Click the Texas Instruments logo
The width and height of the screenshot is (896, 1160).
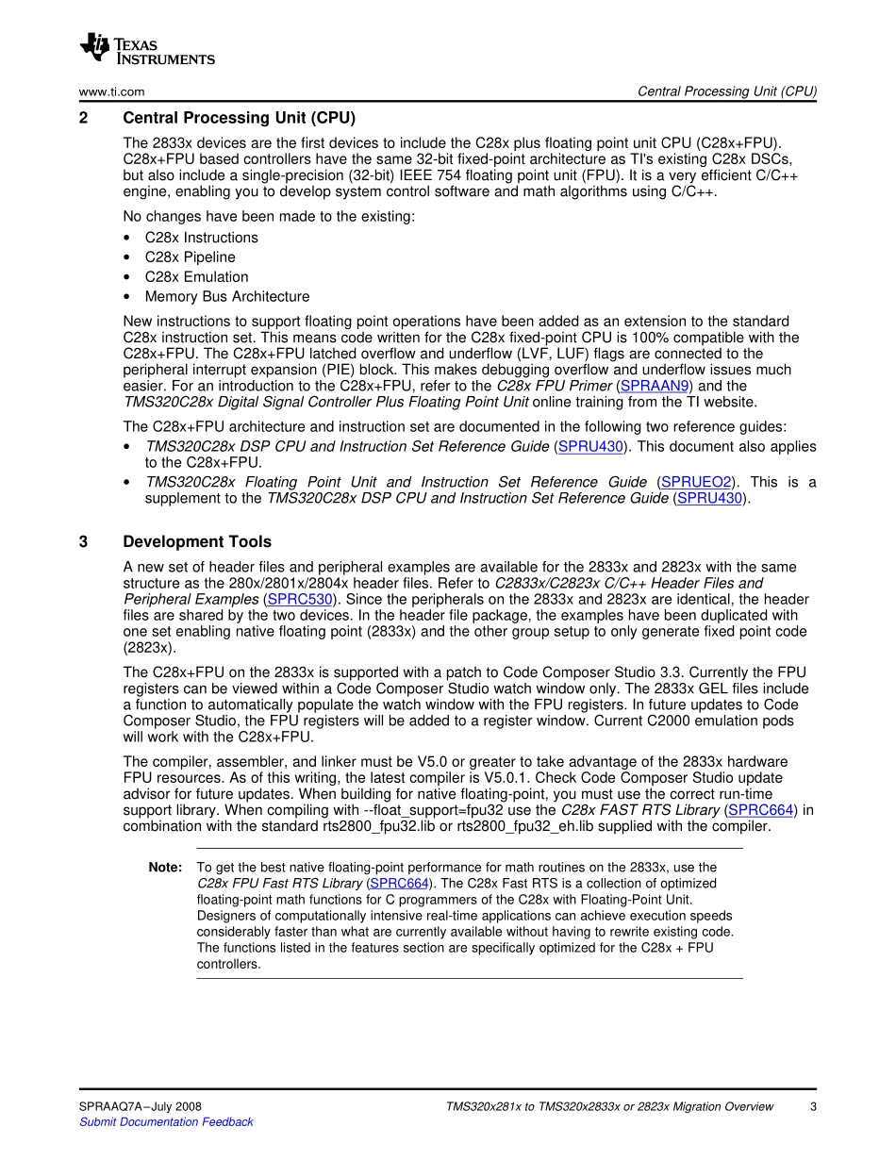click(147, 49)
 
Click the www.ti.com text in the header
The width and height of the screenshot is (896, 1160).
click(111, 91)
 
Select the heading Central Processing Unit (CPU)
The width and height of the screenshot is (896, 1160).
click(240, 118)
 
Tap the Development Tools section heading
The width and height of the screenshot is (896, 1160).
click(197, 541)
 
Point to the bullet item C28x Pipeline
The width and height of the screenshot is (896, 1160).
click(190, 257)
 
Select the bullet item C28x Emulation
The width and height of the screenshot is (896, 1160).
click(196, 277)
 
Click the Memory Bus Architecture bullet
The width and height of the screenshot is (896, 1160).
click(226, 297)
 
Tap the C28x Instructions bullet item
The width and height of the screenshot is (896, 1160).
click(201, 238)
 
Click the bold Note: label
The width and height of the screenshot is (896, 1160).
click(165, 867)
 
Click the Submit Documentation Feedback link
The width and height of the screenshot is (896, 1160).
click(166, 1122)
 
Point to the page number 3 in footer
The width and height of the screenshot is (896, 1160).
click(812, 1106)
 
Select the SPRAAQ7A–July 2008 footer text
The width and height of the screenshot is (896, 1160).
click(140, 1106)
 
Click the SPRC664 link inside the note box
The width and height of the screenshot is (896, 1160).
click(399, 884)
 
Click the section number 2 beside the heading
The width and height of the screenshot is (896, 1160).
click(83, 118)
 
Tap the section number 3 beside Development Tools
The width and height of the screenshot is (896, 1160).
click(83, 541)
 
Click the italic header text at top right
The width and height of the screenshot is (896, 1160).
click(726, 91)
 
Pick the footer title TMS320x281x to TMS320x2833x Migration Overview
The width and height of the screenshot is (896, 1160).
click(609, 1106)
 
